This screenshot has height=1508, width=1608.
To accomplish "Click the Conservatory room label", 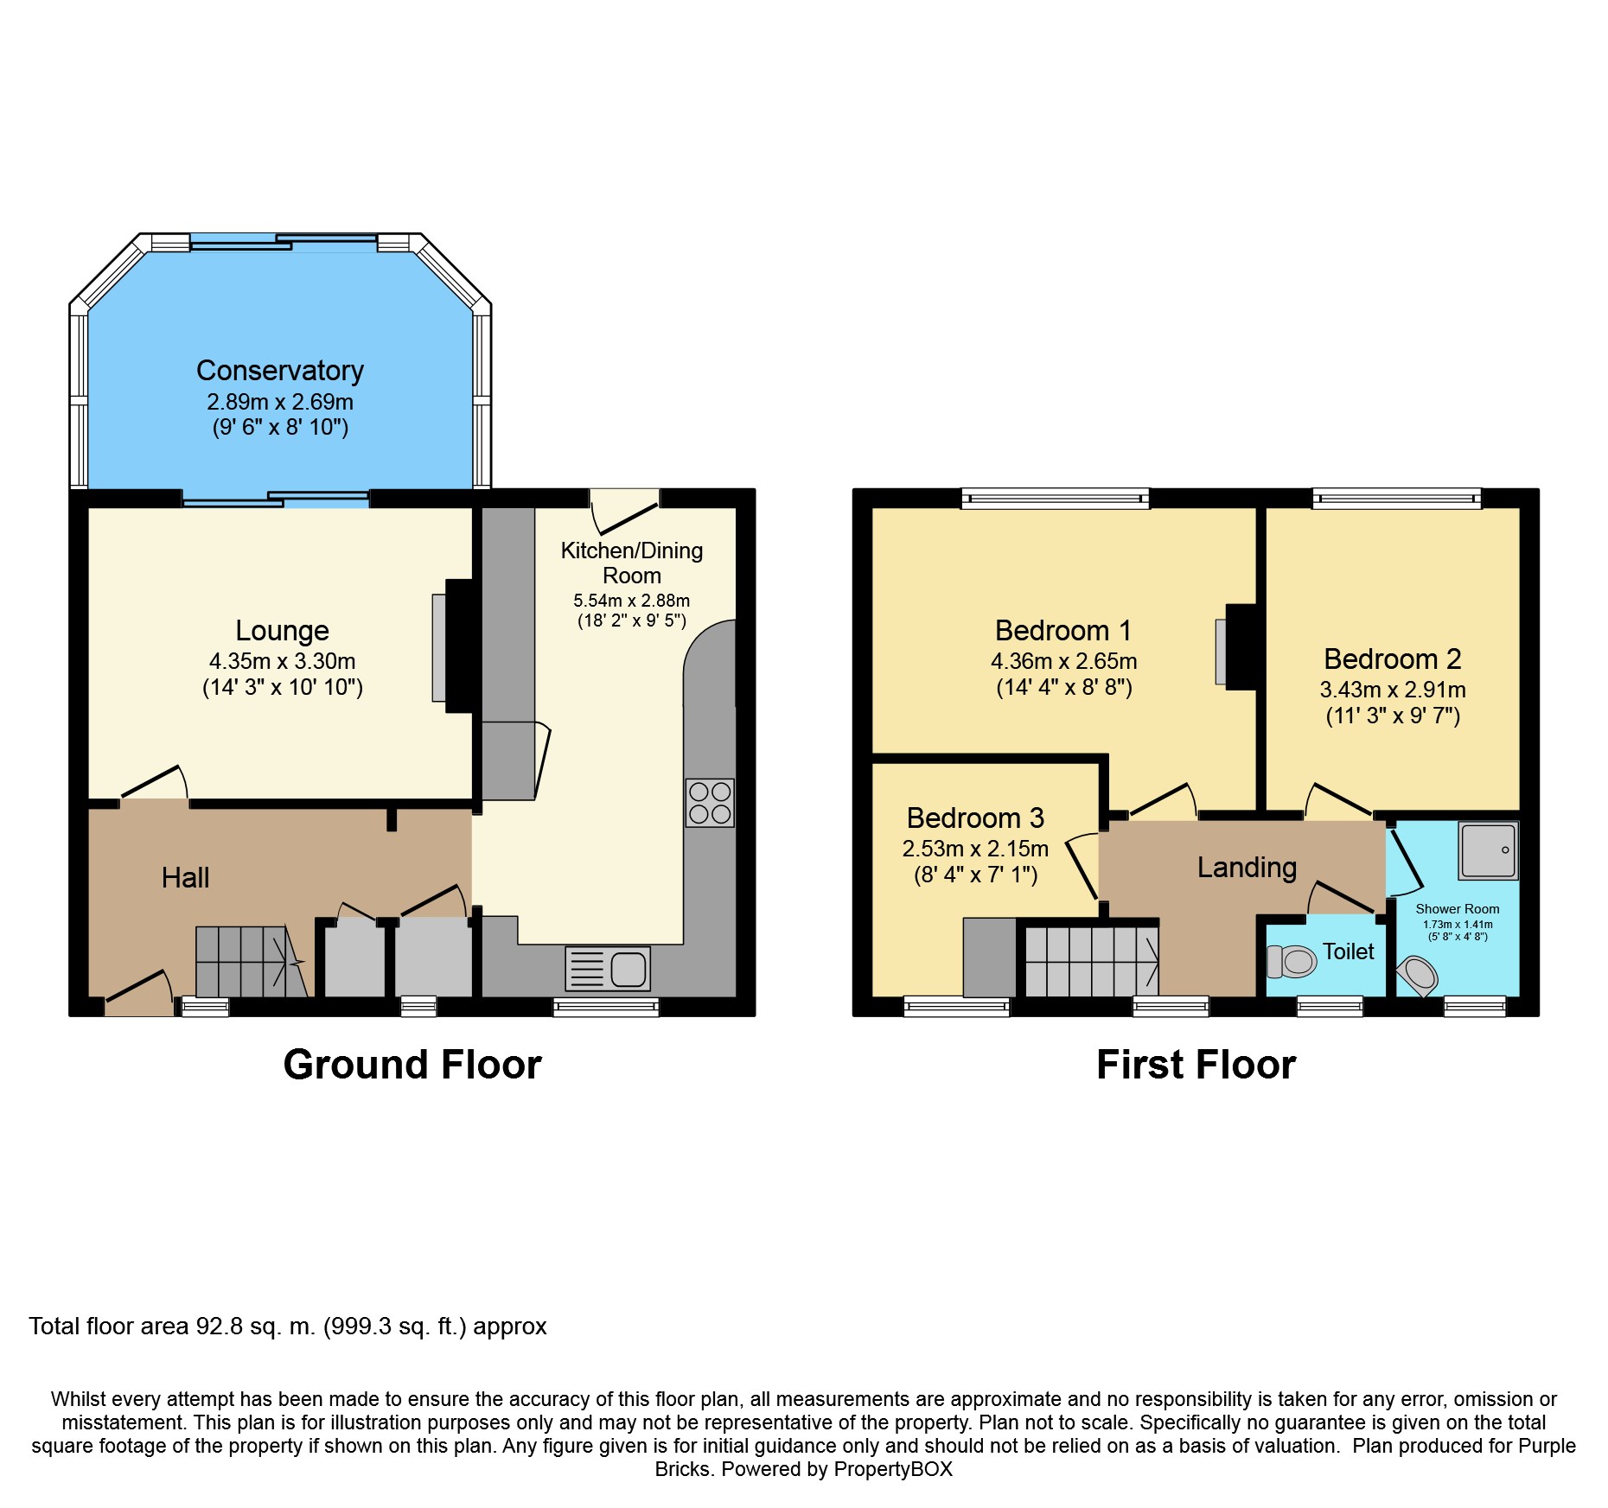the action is tap(279, 371).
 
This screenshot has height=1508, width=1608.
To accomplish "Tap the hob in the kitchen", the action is tap(710, 803).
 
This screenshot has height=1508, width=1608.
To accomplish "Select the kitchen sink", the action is tap(608, 969).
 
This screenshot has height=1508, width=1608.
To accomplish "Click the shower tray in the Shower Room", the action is tap(1488, 850).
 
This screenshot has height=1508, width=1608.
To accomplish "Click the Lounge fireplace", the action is tap(458, 646).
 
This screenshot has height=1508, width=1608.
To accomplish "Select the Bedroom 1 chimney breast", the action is tap(1240, 646).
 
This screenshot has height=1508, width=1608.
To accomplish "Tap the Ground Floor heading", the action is tap(412, 1065).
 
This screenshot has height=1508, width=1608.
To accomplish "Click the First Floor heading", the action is tap(1196, 1065).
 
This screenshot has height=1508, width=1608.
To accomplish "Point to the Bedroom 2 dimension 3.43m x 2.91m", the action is tap(1392, 690).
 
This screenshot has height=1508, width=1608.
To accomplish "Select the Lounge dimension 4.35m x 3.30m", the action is tap(282, 661).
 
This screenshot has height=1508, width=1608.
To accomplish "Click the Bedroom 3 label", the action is tap(975, 818).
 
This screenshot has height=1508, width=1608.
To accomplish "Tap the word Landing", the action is tap(1247, 868).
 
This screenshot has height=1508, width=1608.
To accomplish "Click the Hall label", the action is tap(185, 878).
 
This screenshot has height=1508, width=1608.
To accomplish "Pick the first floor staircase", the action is tap(1092, 962).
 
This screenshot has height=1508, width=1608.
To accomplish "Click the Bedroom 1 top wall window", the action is tap(1056, 498).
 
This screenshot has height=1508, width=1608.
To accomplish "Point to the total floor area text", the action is tap(288, 1327).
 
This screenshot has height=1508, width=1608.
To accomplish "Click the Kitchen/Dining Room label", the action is tap(632, 563).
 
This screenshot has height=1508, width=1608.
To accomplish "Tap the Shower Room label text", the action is tap(1457, 909).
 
